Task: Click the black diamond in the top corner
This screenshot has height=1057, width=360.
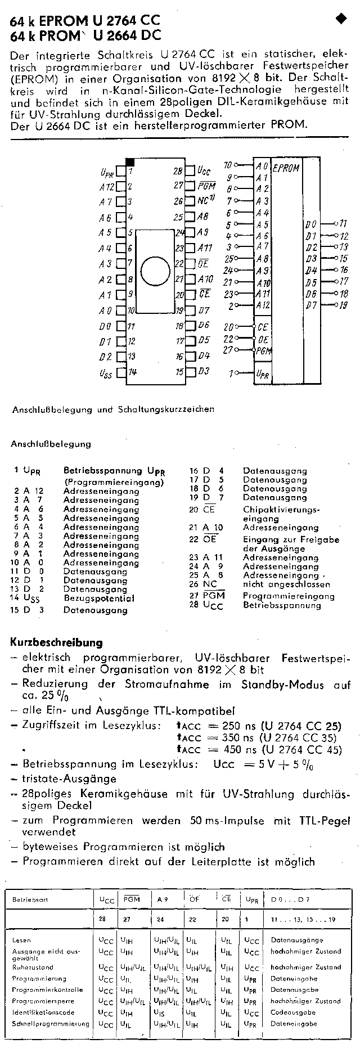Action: tap(341, 19)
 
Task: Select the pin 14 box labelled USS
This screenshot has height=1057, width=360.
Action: tap(120, 372)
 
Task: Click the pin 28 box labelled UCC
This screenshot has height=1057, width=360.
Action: tap(191, 170)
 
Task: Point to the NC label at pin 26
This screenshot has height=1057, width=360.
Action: tap(204, 201)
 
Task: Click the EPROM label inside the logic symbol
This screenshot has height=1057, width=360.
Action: tap(286, 168)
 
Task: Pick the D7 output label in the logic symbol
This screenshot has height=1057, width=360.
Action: tap(311, 305)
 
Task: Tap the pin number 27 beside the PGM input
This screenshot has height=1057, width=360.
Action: tap(228, 350)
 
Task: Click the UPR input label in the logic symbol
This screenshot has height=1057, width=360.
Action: tap(262, 373)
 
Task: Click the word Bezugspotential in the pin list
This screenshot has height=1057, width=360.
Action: tap(99, 599)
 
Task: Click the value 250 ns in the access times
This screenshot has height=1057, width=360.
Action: tap(241, 726)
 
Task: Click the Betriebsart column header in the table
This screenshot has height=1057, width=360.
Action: tap(30, 899)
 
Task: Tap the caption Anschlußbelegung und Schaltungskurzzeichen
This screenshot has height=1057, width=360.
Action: tap(113, 410)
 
